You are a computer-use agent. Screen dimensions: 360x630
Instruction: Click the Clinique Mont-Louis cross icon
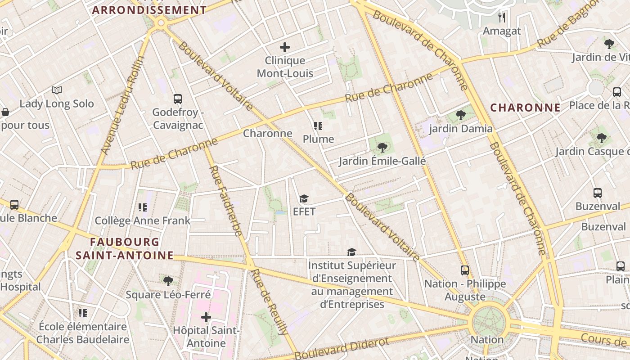tap(284, 47)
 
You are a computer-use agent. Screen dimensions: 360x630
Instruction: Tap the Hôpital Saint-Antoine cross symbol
tap(206, 317)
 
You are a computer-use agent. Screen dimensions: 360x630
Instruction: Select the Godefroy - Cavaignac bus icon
tap(178, 99)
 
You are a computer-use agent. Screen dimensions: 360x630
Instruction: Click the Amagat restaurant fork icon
tap(502, 18)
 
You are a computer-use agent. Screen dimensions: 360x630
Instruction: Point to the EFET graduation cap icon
tap(304, 198)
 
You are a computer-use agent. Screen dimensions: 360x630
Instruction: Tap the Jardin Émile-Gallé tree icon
tap(382, 147)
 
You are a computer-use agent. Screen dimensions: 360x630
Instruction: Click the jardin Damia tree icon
tap(460, 115)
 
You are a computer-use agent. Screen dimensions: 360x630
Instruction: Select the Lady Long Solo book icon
tap(57, 90)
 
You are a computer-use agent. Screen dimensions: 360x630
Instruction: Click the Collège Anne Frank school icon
tap(143, 207)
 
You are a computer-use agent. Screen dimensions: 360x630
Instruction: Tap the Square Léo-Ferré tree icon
tap(168, 281)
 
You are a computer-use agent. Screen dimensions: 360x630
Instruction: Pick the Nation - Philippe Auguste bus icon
tap(465, 270)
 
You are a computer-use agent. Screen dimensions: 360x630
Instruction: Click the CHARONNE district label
tap(525, 108)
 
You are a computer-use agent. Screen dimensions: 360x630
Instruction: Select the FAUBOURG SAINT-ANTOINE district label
tap(124, 249)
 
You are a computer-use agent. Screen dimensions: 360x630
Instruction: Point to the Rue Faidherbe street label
tap(226, 201)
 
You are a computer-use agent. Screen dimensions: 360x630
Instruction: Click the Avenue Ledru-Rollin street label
tap(121, 106)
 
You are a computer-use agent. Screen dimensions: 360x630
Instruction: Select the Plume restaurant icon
tap(319, 126)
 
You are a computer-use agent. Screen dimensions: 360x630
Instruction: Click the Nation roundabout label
tap(487, 340)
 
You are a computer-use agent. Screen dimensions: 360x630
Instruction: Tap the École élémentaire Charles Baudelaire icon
tap(83, 313)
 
